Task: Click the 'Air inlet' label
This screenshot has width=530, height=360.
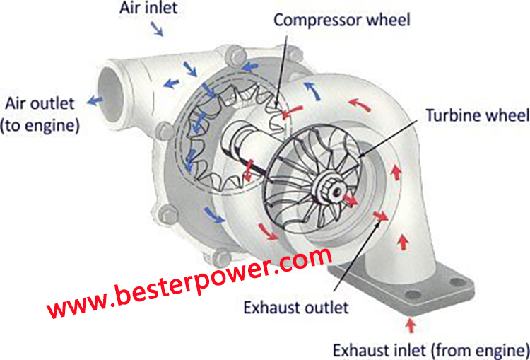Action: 148,8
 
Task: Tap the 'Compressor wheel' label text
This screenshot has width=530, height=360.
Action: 342,21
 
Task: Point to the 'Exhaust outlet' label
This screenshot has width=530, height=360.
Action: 296,308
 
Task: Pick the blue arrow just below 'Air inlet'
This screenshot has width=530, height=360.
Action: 157,29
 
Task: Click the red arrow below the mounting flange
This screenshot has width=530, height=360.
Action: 411,325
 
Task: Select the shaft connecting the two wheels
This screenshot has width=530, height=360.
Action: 244,146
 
